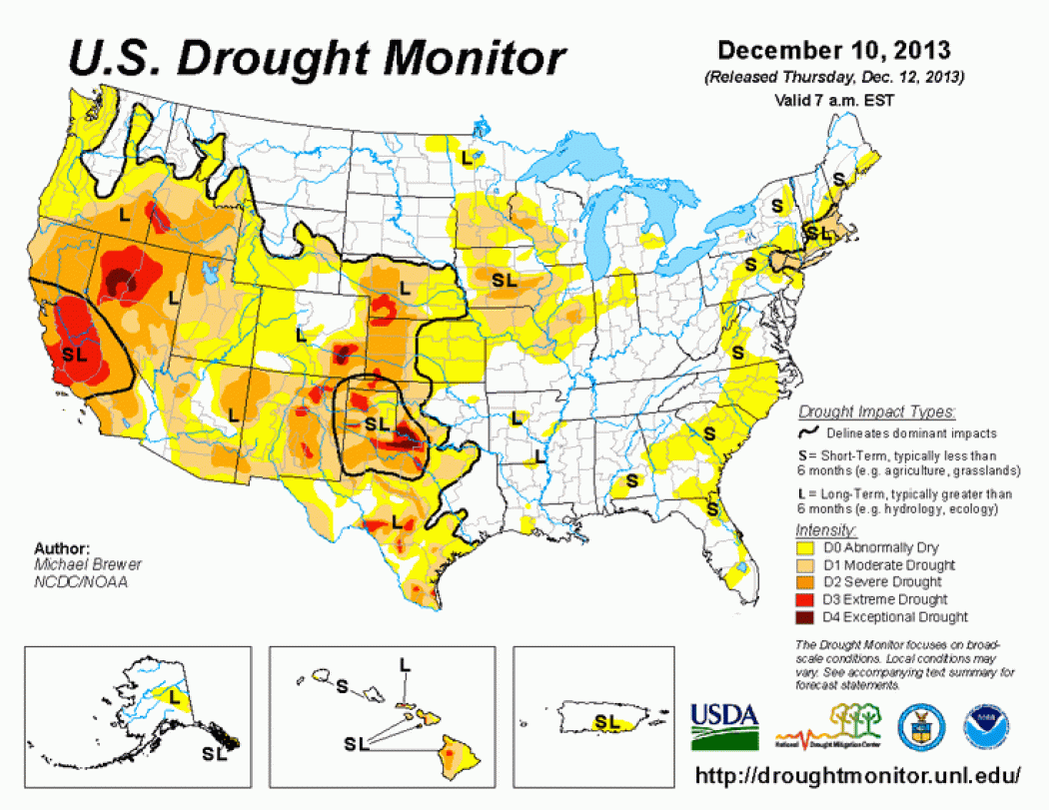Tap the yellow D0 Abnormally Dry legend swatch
(x=804, y=547)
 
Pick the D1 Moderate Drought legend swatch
(x=804, y=564)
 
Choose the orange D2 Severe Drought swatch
(x=804, y=581)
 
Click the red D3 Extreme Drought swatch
(x=804, y=599)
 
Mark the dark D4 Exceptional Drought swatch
(x=804, y=616)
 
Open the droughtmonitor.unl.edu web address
(x=856, y=775)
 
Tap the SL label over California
(x=74, y=353)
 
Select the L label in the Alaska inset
(x=174, y=694)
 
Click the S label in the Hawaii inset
(x=343, y=686)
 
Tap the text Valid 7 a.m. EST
(x=833, y=99)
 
